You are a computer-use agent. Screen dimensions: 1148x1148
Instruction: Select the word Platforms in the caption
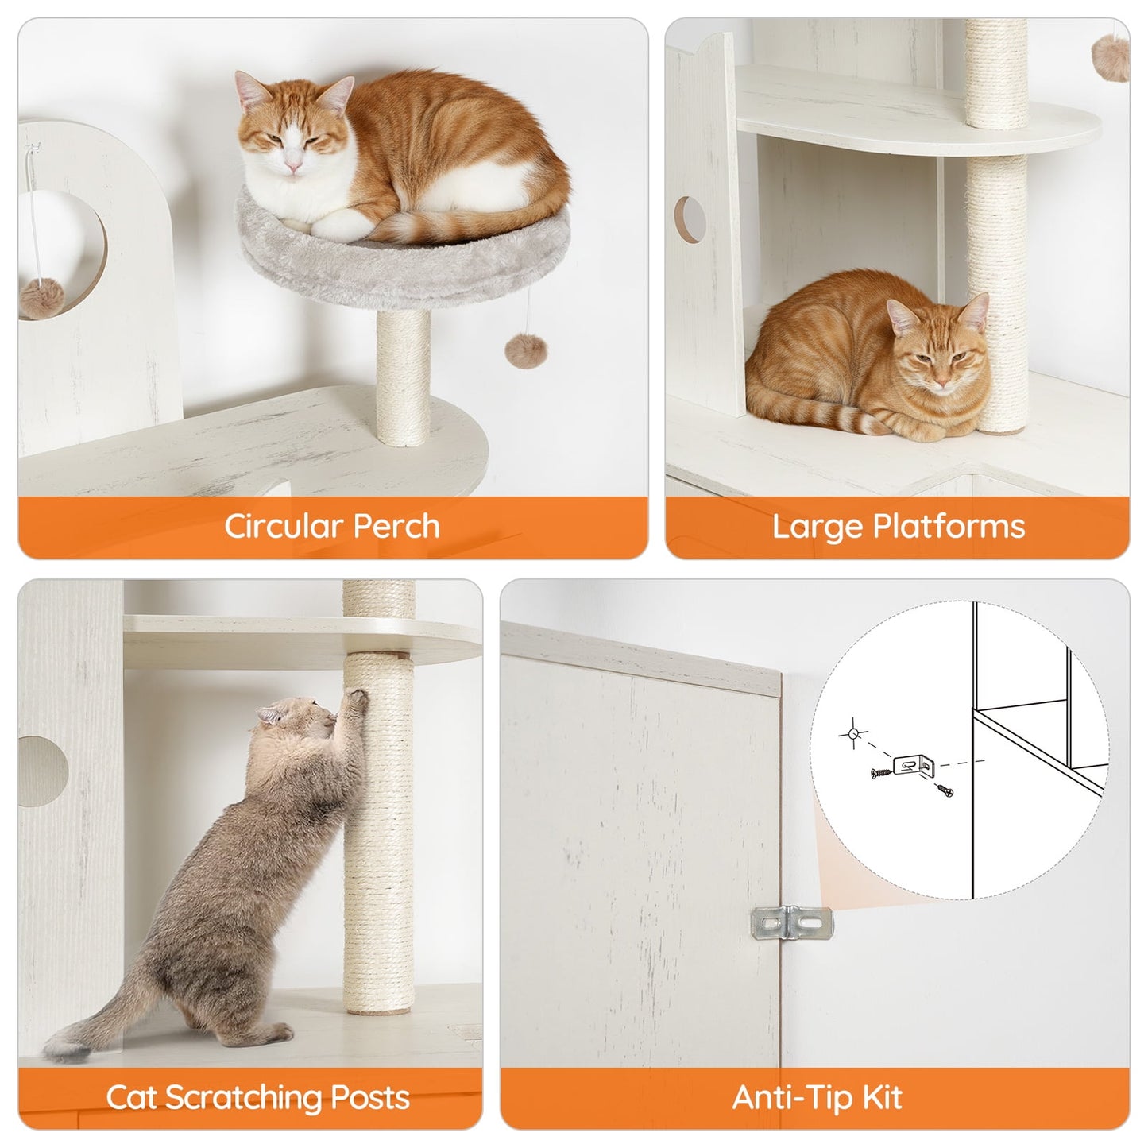(949, 527)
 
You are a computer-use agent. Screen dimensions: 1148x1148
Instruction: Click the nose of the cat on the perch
(294, 164)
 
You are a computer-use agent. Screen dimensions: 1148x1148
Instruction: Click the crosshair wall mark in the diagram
(852, 735)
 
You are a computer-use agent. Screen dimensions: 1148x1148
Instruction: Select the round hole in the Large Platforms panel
(690, 220)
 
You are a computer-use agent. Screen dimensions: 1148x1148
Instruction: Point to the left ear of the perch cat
(249, 90)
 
